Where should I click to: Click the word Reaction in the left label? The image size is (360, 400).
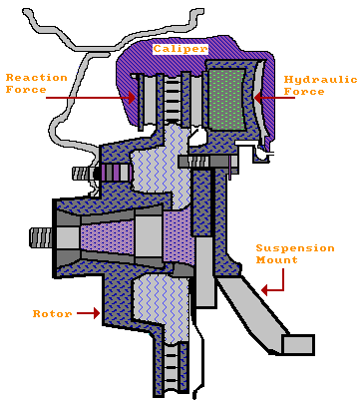(x=38, y=77)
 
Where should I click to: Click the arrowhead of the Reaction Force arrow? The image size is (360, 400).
(x=134, y=96)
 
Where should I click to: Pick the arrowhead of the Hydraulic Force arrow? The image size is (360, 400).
(x=257, y=97)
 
